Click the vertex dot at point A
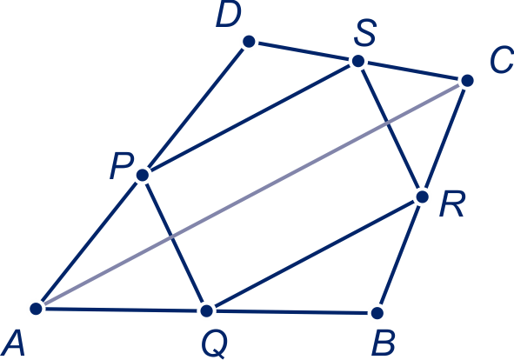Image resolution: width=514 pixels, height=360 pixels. [x=36, y=308]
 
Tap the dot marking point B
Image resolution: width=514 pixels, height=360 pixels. [x=377, y=313]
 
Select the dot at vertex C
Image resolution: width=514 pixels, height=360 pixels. [x=467, y=80]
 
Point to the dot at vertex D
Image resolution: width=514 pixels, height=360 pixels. [x=249, y=42]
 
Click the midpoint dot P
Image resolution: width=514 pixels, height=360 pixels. [x=143, y=175]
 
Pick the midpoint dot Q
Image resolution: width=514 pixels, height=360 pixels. [x=206, y=310]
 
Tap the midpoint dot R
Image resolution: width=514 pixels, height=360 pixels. [x=422, y=197]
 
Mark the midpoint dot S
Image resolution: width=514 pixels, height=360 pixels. [x=358, y=61]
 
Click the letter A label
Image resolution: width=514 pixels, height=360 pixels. [x=13, y=343]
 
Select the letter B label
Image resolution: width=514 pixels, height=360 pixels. [x=384, y=343]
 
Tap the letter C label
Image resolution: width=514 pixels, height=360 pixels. [x=502, y=60]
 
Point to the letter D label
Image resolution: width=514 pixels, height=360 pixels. [x=229, y=15]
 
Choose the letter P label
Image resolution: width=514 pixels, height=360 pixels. [x=122, y=166]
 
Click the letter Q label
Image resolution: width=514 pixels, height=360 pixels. [x=215, y=345]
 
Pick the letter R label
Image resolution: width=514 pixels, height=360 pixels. [x=452, y=204]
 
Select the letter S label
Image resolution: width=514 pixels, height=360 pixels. [x=365, y=32]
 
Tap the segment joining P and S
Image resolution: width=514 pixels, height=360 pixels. [x=250, y=118]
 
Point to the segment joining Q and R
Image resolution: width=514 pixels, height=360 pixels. [x=314, y=254]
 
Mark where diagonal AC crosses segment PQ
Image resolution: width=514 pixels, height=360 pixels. [x=171, y=237]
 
